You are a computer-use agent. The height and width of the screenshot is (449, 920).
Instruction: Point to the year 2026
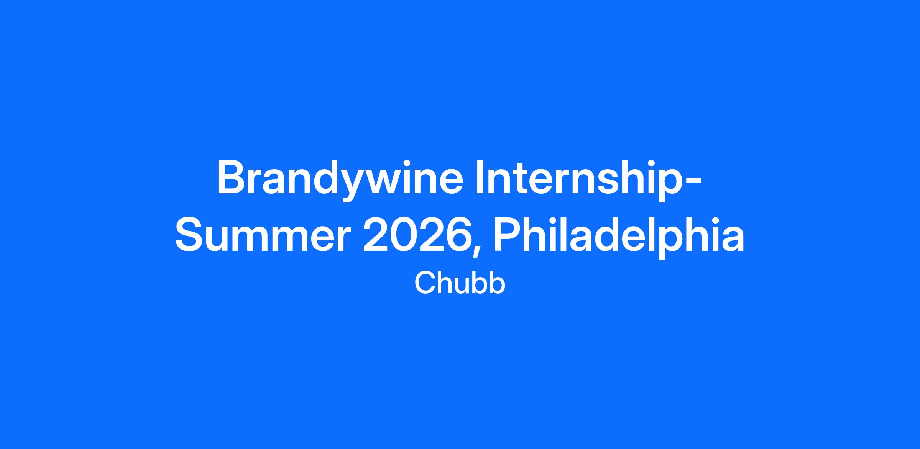[x=418, y=234]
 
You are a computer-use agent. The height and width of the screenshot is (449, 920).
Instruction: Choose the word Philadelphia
[x=619, y=234]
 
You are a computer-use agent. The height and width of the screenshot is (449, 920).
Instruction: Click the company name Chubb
[x=460, y=283]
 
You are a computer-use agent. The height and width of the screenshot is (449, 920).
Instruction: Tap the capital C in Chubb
[x=425, y=283]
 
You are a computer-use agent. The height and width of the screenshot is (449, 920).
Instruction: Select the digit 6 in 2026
[x=459, y=234]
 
